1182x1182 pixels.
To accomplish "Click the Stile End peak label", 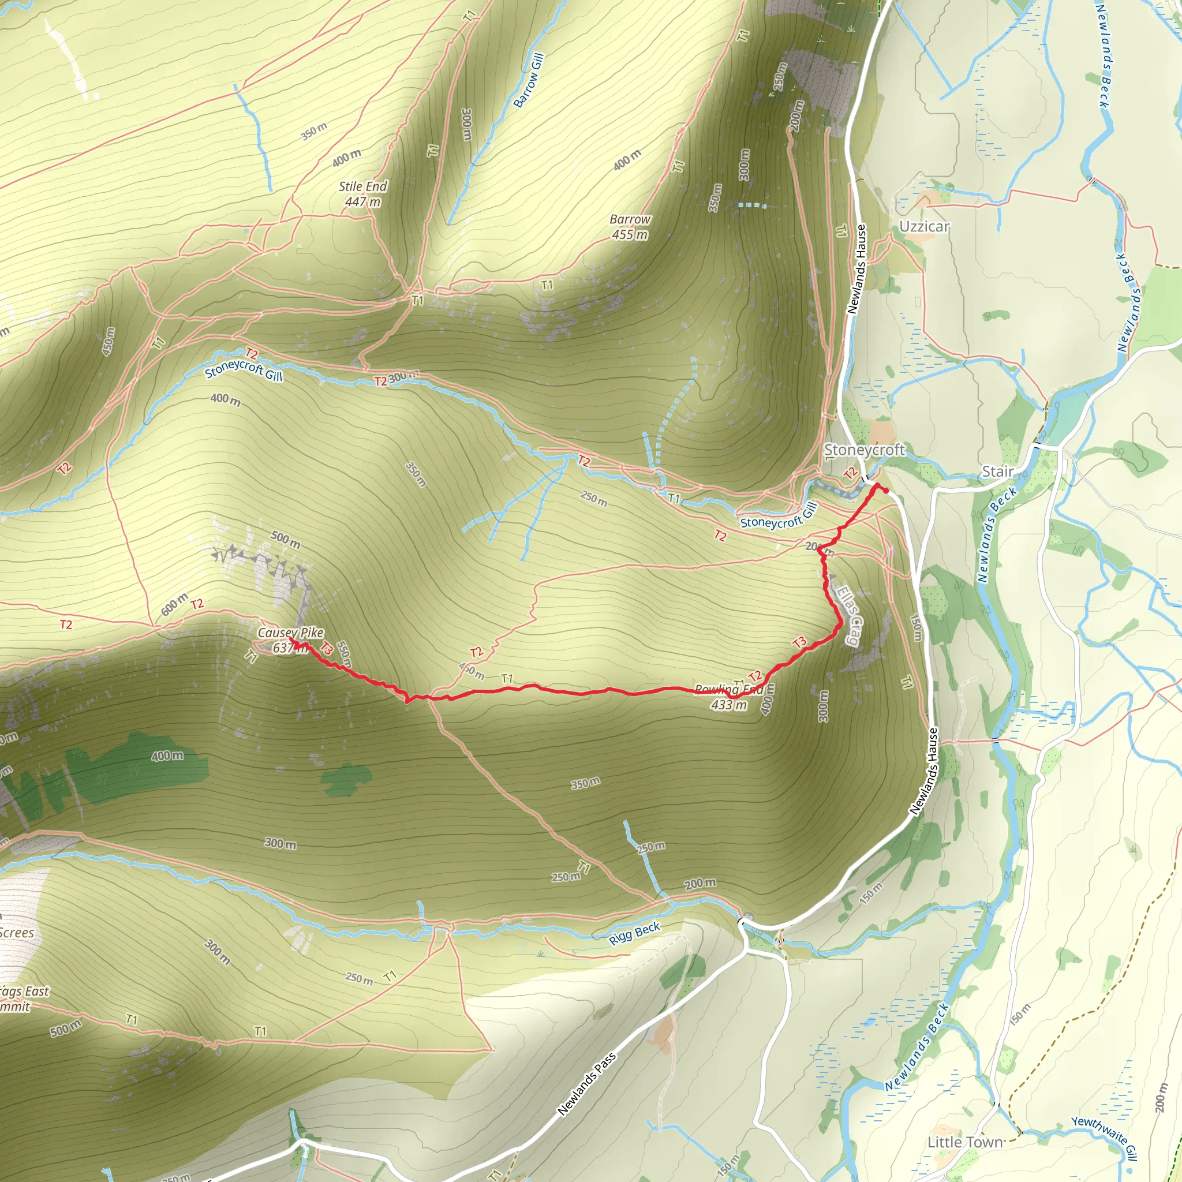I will [x=363, y=186].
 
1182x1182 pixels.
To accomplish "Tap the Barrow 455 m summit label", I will [x=630, y=226].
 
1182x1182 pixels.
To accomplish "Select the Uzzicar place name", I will [x=924, y=226].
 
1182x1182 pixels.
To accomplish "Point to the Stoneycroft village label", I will [x=863, y=450].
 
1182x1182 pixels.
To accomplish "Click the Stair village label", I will [x=997, y=471].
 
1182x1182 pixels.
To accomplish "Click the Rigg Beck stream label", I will [x=634, y=933].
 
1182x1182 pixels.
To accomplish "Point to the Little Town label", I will [x=965, y=1142].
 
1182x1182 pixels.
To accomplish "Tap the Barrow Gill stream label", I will [x=528, y=80].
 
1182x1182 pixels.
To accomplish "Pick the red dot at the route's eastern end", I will [x=886, y=490].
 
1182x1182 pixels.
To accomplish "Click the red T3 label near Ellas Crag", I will [x=799, y=642].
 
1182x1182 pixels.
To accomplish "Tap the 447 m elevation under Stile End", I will [x=362, y=201].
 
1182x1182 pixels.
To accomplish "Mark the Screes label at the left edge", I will [x=17, y=933].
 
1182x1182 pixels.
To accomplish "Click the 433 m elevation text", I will [x=729, y=705].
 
